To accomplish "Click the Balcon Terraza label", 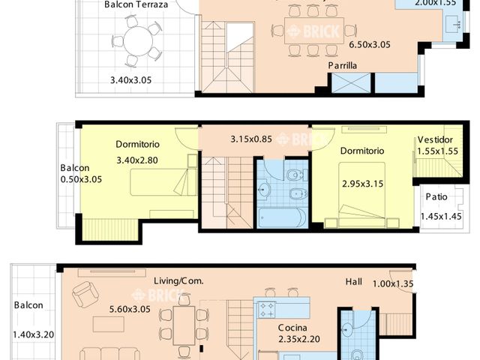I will coord(136,4).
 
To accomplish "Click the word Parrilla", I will coord(342,66).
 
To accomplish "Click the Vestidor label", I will coord(435,139).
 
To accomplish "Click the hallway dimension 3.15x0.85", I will coord(251,139).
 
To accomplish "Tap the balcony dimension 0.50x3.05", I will coord(81,179).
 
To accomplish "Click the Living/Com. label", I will coord(179,280).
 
